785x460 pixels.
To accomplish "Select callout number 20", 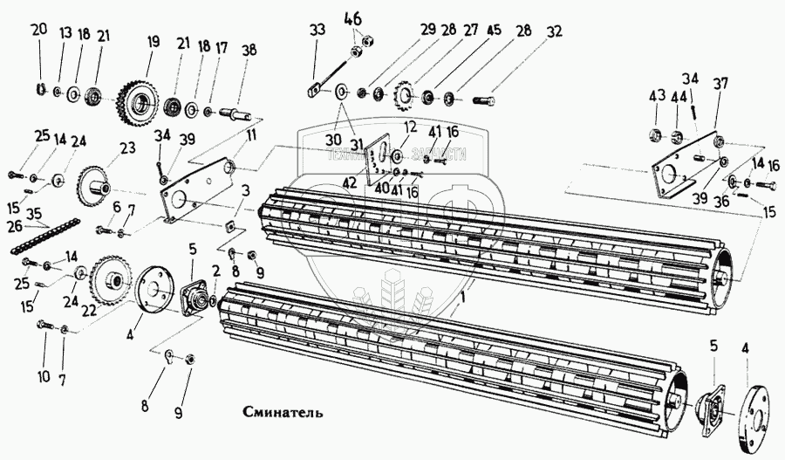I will (38, 30).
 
